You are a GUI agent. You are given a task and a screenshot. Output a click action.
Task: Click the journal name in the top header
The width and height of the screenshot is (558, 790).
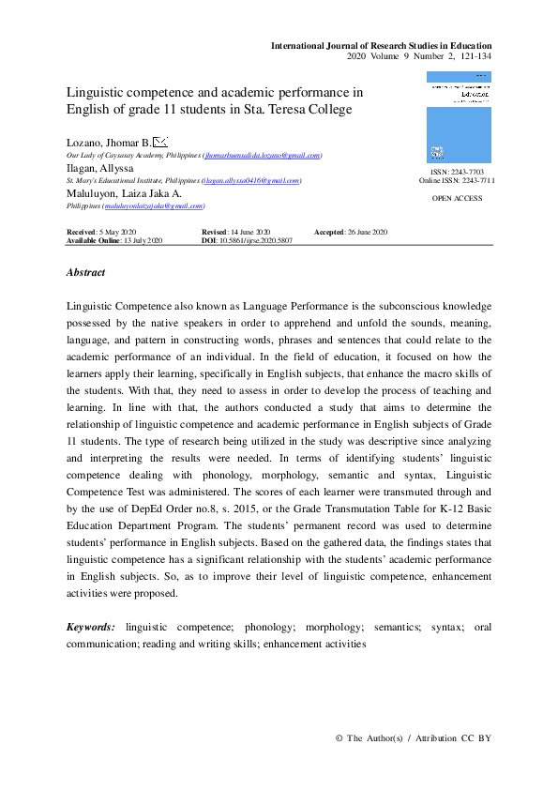pyautogui.click(x=381, y=45)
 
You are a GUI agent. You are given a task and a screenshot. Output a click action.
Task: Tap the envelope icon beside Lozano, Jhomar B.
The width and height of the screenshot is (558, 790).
pyautogui.click(x=159, y=142)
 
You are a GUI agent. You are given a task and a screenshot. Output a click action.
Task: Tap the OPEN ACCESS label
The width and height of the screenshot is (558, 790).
pyautogui.click(x=457, y=199)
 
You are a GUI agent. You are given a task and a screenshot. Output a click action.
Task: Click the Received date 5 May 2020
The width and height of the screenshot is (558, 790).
pyautogui.click(x=115, y=232)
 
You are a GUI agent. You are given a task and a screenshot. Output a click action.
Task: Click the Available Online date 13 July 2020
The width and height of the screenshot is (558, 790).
pyautogui.click(x=140, y=241)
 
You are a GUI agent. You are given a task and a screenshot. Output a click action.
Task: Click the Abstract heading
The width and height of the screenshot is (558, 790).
pyautogui.click(x=85, y=272)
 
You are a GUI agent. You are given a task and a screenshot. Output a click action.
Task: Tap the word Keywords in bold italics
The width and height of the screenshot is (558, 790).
pyautogui.click(x=91, y=626)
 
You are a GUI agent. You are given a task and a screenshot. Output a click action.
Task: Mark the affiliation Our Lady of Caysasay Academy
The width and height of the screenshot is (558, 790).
pyautogui.click(x=121, y=156)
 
